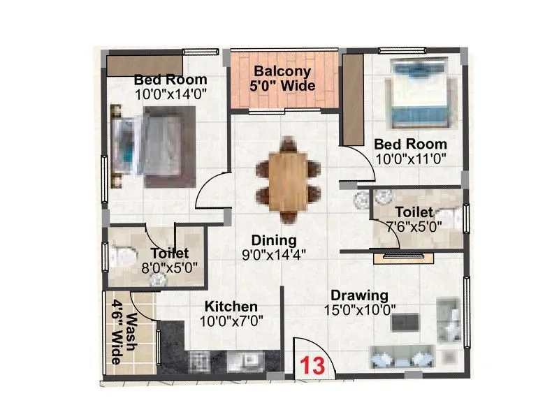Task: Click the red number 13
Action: [x=312, y=365]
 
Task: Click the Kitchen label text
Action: [x=231, y=307]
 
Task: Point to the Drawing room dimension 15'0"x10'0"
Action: [x=360, y=309]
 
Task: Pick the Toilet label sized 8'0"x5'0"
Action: [x=169, y=253]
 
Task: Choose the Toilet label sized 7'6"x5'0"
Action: [x=413, y=212]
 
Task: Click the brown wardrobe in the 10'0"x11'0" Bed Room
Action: [x=351, y=98]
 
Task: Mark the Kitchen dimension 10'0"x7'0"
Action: [x=231, y=321]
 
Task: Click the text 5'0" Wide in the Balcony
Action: [x=284, y=87]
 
